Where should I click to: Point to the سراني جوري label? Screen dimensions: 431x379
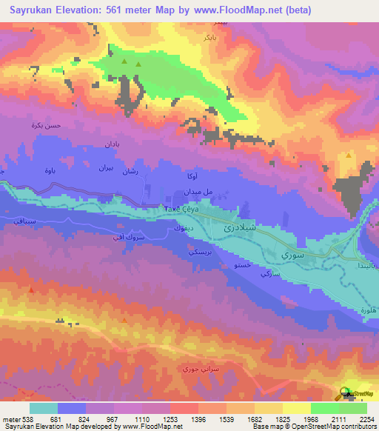[x=198, y=369]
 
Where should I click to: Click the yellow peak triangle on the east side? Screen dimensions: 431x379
[x=349, y=156]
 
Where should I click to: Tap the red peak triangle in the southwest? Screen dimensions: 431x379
[x=30, y=290]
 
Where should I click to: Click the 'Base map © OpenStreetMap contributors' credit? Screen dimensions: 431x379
[x=313, y=427]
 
